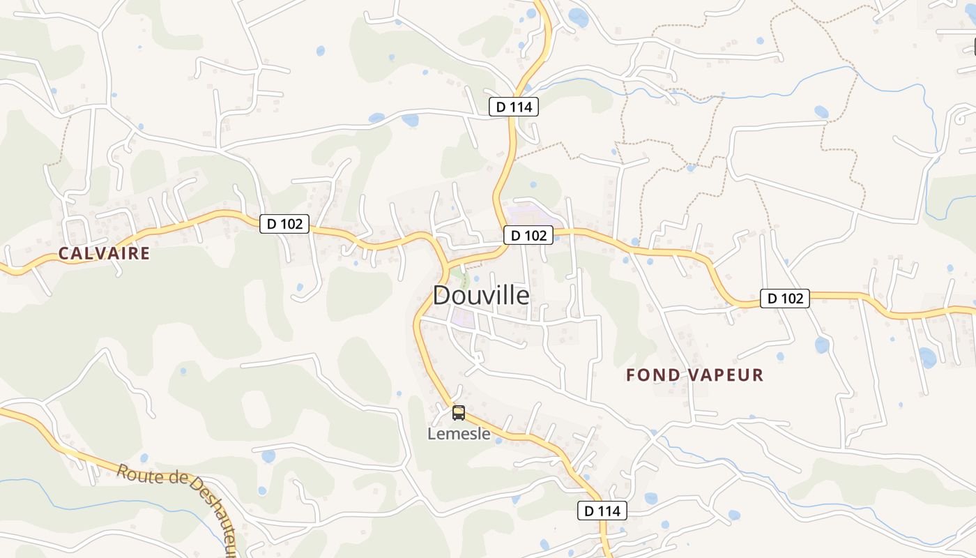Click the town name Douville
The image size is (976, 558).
(x=481, y=295)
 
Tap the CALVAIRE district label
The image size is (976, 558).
(x=104, y=253)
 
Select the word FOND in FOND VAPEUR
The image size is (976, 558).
(x=653, y=375)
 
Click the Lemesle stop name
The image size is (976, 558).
(x=459, y=434)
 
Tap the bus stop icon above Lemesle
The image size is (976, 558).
(x=458, y=413)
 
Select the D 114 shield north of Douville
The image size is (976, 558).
(x=513, y=107)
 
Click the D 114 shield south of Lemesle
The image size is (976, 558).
(x=602, y=511)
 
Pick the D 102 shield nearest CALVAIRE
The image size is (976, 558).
(x=284, y=224)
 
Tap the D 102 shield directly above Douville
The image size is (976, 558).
(x=528, y=235)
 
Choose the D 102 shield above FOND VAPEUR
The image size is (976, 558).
(x=785, y=299)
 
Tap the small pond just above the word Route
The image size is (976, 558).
(x=144, y=458)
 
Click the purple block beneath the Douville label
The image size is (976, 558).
(x=463, y=319)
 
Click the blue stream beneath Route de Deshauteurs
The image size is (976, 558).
(x=105, y=504)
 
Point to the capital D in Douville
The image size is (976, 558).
(x=442, y=295)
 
